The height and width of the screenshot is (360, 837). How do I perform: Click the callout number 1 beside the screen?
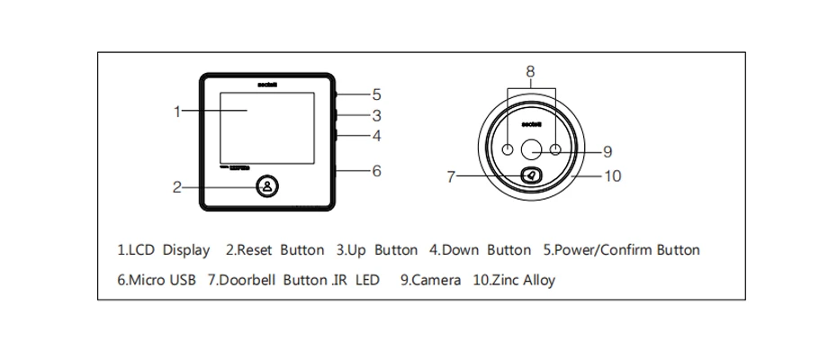(x=178, y=112)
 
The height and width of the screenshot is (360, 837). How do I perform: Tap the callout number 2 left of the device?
(x=177, y=187)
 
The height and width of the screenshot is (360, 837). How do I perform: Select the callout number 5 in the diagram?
(x=376, y=94)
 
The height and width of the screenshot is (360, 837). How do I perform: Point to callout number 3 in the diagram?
(x=376, y=115)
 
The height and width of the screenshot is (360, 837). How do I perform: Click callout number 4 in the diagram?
(x=376, y=137)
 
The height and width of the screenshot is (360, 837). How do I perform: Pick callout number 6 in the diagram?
(x=376, y=169)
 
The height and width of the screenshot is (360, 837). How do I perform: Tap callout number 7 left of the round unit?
(x=451, y=176)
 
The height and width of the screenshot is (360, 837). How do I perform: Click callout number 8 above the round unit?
(x=530, y=70)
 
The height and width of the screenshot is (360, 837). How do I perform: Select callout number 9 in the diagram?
(x=607, y=151)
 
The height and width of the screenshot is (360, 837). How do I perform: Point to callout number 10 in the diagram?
(x=611, y=176)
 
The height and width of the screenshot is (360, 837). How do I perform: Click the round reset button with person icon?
(x=267, y=186)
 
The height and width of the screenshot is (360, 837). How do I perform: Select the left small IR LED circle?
(x=508, y=149)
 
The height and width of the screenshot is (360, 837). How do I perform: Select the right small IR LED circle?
(x=556, y=149)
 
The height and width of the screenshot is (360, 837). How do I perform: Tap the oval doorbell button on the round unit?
(x=532, y=175)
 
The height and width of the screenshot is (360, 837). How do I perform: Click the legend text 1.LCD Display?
(x=164, y=250)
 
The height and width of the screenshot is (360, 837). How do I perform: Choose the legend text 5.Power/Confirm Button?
(x=621, y=250)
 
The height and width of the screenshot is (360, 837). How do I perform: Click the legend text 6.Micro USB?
(x=157, y=280)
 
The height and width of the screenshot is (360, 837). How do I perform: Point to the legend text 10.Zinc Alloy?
(x=514, y=280)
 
